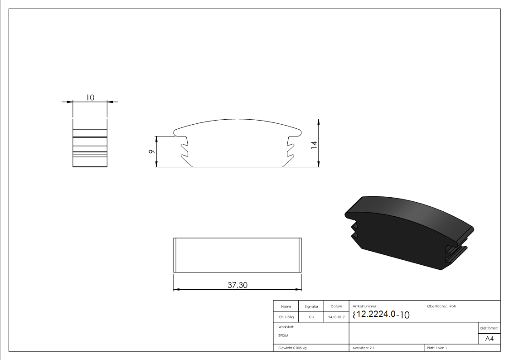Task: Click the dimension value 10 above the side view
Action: click(x=90, y=97)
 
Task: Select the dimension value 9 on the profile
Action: click(x=151, y=152)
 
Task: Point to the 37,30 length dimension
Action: click(x=237, y=285)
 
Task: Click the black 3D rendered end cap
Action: click(x=408, y=231)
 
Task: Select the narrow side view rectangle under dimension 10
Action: click(x=90, y=143)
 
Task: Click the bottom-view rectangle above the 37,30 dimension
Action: click(x=238, y=255)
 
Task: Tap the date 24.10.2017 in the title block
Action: click(x=336, y=317)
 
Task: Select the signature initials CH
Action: click(x=311, y=317)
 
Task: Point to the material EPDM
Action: click(x=283, y=336)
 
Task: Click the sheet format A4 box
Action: click(x=490, y=339)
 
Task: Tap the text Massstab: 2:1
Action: click(x=363, y=348)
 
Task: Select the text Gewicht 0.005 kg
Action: click(x=292, y=348)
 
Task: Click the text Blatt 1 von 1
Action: click(x=437, y=348)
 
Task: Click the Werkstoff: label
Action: click(x=286, y=326)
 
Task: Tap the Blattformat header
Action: click(x=490, y=328)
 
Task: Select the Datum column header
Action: click(x=336, y=306)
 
